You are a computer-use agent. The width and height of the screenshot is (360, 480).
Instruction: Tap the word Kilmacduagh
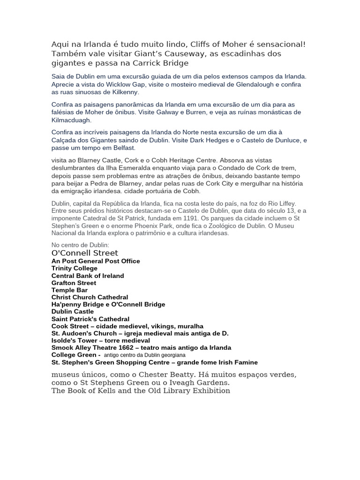tap(72, 120)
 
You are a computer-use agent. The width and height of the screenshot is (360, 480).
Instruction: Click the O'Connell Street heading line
tap(85, 253)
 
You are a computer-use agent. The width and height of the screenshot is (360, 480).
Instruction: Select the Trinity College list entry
tap(75, 269)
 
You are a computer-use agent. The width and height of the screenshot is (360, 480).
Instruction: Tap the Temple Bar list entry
tap(70, 290)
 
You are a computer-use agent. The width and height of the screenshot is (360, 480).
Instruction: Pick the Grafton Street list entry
tap(74, 283)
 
